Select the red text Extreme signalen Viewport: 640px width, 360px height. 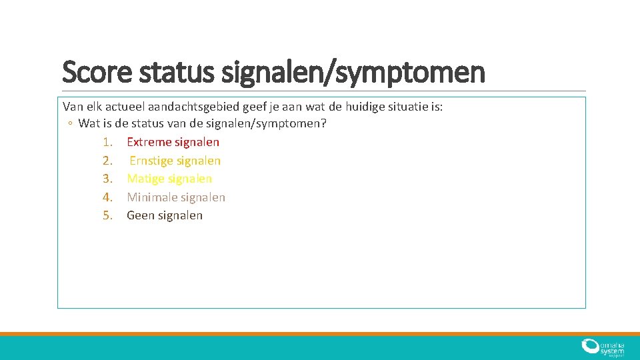click(173, 142)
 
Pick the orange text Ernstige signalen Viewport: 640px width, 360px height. click(175, 161)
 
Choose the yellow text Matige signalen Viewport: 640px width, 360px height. click(169, 179)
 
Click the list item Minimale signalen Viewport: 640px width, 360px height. click(176, 197)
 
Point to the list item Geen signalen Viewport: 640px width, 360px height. click(165, 215)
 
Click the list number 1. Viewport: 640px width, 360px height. click(109, 142)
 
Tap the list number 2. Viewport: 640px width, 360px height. click(109, 161)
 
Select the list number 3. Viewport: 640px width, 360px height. click(109, 179)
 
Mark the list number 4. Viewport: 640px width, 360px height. click(109, 197)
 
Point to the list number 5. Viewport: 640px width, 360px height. click(109, 215)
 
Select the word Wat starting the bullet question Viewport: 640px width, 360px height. click(88, 124)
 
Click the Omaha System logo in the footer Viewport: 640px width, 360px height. click(602, 347)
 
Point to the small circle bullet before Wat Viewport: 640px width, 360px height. click(70, 124)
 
